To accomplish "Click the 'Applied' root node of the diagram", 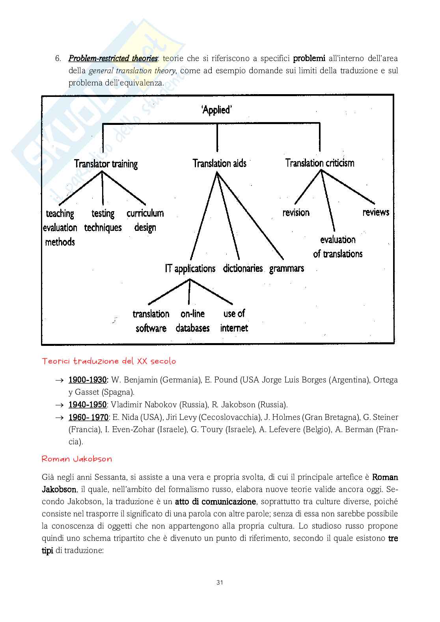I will (x=216, y=110).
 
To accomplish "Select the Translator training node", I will (x=106, y=164).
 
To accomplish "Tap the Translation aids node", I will (x=219, y=163).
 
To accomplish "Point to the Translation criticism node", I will (x=320, y=163).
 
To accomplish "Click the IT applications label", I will (x=190, y=269).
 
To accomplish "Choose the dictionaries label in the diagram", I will (x=243, y=269).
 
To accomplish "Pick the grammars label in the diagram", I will (x=287, y=269).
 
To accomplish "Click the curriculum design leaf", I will (x=145, y=220).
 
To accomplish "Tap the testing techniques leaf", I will (x=103, y=221).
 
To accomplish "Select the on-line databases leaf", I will (x=193, y=321).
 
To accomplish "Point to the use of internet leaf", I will (x=234, y=321).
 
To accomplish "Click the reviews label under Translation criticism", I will (x=376, y=212).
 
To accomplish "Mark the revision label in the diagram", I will (x=296, y=213).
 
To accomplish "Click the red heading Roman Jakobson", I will (x=77, y=459).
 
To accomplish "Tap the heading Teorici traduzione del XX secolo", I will (x=109, y=361).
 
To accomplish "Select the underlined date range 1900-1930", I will (x=88, y=380).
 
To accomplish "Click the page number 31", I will (x=220, y=583).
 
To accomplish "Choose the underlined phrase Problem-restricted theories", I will (x=113, y=59).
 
